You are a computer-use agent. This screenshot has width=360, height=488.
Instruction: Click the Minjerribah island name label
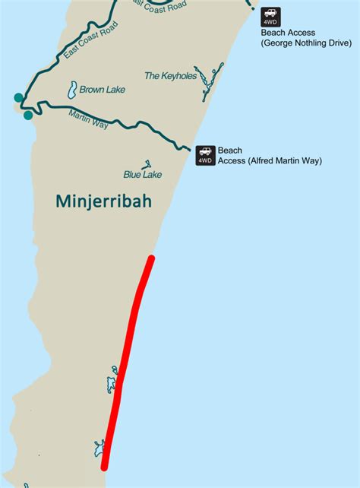pyautogui.click(x=104, y=202)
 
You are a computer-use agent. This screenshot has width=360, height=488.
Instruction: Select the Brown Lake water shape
pyautogui.click(x=72, y=90)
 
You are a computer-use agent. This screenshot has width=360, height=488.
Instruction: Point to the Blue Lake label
pyautogui.click(x=143, y=174)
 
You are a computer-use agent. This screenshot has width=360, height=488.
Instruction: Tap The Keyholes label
pyautogui.click(x=171, y=76)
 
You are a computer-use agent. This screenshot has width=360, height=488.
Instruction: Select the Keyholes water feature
pyautogui.click(x=209, y=86)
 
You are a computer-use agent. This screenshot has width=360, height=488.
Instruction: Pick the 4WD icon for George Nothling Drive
pyautogui.click(x=270, y=17)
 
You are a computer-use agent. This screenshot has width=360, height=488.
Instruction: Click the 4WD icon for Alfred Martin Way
pyautogui.click(x=205, y=155)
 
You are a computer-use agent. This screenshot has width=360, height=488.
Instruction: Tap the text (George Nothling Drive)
pyautogui.click(x=306, y=43)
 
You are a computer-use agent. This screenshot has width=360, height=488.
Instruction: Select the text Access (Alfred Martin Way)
pyautogui.click(x=270, y=161)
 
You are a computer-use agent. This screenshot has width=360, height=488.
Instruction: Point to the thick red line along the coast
pyautogui.click(x=129, y=357)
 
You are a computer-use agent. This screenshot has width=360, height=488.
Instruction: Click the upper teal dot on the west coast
pyautogui.click(x=18, y=97)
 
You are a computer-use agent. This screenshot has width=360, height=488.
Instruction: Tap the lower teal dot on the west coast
pyautogui.click(x=28, y=116)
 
